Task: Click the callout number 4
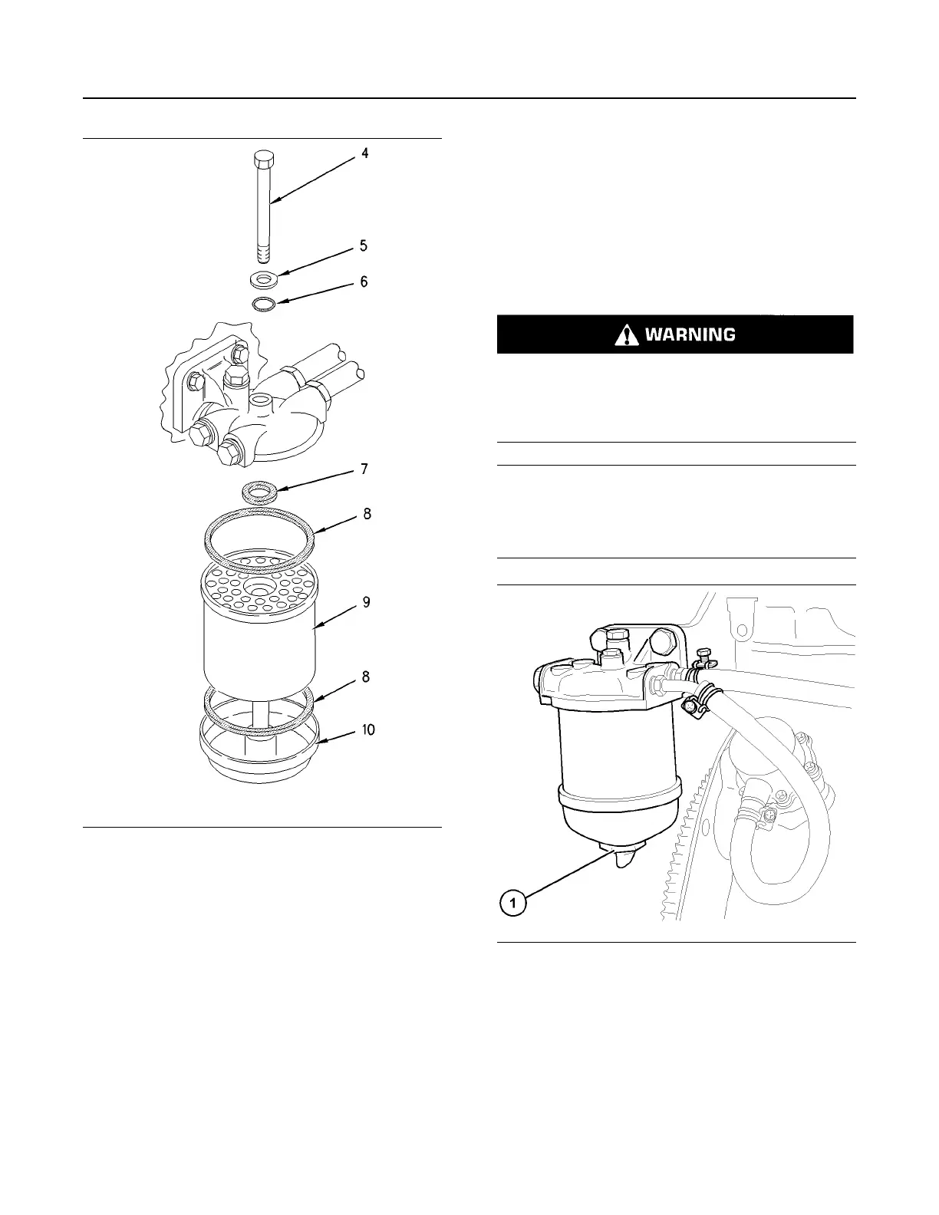point(365,153)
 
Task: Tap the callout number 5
point(364,246)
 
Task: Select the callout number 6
point(364,282)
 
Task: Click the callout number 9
point(367,603)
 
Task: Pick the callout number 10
point(368,729)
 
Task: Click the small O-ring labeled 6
point(263,305)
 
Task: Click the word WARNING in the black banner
point(690,334)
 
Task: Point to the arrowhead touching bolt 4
point(273,202)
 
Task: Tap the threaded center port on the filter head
point(261,401)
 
